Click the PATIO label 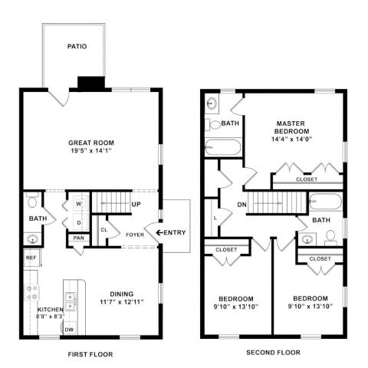coord(76,46)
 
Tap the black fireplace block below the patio coord(90,83)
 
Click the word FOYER coord(135,235)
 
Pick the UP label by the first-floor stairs coord(136,205)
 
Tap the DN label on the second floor coord(242,205)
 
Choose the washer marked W coord(79,205)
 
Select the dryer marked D coord(79,222)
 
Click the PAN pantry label coord(78,238)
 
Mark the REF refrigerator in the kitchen coord(31,258)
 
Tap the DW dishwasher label coord(69,330)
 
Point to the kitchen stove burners coord(33,291)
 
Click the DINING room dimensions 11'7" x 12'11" coord(121,301)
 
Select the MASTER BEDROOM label coord(291,127)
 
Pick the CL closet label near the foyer coord(103,229)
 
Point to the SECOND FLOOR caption coord(273,353)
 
